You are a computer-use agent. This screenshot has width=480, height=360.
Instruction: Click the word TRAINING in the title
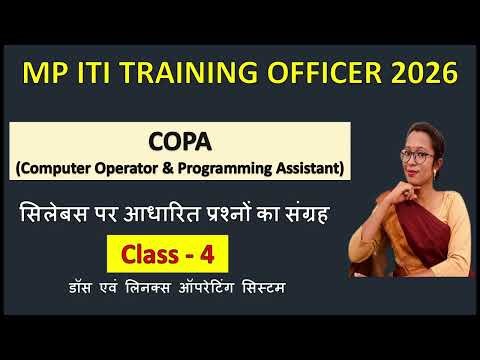195,73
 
